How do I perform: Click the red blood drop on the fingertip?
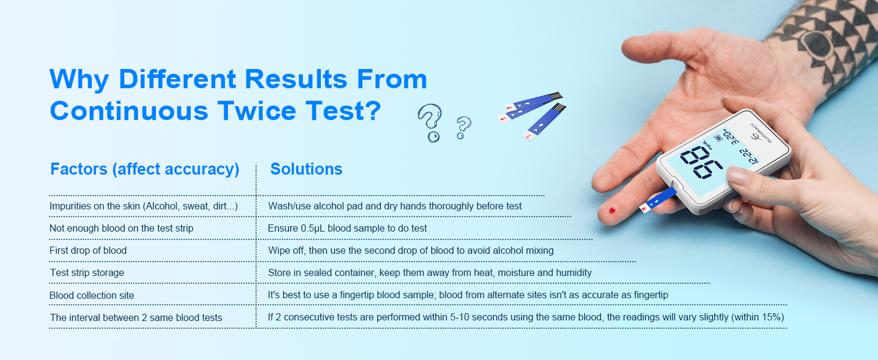tap(612, 211)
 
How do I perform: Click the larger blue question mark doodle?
tap(429, 122)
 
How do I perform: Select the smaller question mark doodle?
tap(463, 127)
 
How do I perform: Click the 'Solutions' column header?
tap(306, 169)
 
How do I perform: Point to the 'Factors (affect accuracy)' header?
tap(145, 169)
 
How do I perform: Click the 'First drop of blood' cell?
tap(88, 250)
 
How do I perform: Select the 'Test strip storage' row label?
tap(87, 273)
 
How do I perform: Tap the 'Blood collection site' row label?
tap(92, 295)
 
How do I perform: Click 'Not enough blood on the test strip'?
tap(121, 229)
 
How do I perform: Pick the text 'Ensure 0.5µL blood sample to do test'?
tap(347, 229)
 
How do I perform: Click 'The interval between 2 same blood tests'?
tap(136, 317)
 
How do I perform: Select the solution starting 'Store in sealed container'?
tap(429, 273)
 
